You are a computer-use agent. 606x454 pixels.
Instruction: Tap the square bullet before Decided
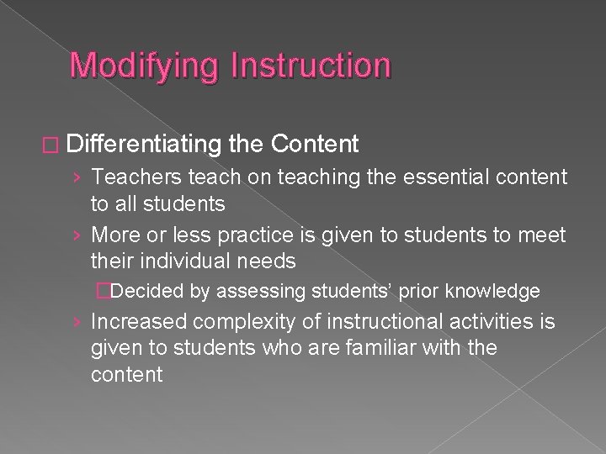tap(104, 291)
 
